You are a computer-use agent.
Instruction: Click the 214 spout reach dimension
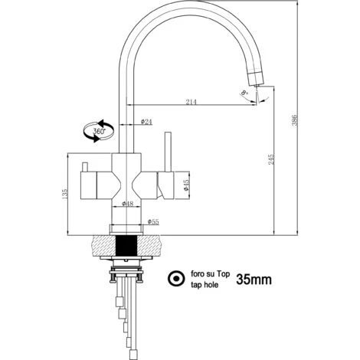click(x=191, y=102)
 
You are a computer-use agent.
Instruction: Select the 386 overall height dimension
click(x=295, y=119)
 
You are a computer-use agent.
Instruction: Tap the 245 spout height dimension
click(x=271, y=159)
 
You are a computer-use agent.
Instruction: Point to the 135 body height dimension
click(x=64, y=194)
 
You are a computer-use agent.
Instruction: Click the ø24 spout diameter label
click(x=146, y=122)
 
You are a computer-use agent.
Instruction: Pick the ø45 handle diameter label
click(x=186, y=185)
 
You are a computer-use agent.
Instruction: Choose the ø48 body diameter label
click(x=127, y=204)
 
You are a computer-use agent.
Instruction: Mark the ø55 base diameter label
click(x=153, y=222)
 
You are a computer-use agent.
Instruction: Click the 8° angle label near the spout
click(x=245, y=93)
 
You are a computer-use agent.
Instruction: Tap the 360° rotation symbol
click(x=99, y=131)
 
